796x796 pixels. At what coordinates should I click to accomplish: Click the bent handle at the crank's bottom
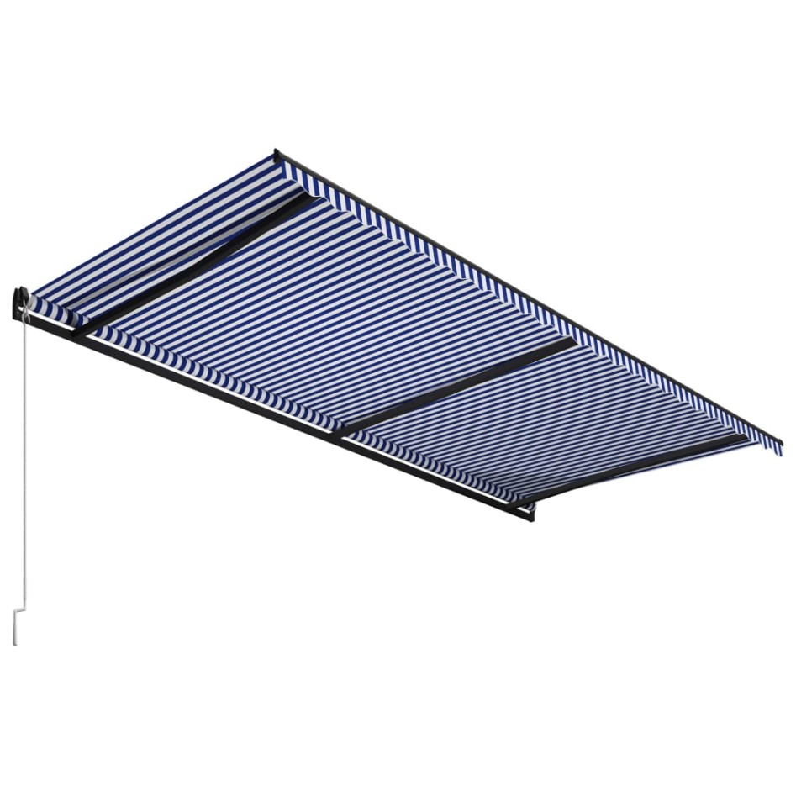pos(16,625)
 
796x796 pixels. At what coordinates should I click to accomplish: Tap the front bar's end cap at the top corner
pos(277,155)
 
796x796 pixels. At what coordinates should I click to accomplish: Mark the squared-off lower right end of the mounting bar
pos(529,514)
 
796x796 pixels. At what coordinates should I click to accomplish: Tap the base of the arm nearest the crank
pos(80,333)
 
